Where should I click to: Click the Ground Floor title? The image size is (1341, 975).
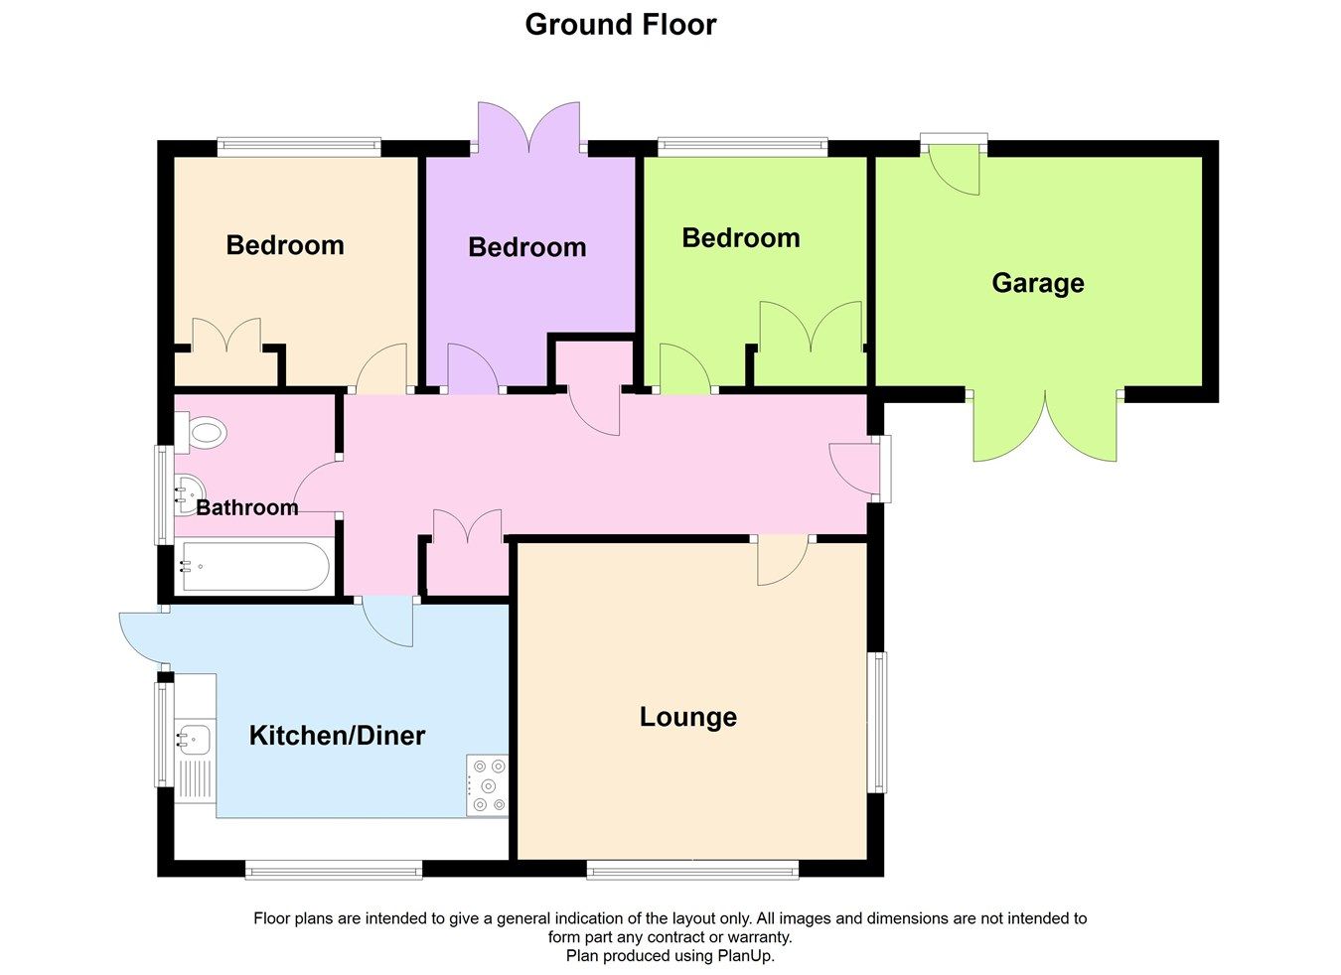(x=620, y=24)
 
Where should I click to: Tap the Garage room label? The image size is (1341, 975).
(x=1037, y=283)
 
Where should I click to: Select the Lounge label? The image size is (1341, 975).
(x=687, y=717)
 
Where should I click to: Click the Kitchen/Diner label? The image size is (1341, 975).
(x=337, y=736)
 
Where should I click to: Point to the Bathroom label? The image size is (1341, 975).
(x=247, y=508)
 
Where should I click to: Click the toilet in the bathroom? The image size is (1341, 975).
(x=204, y=433)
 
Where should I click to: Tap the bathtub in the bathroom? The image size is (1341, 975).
(x=253, y=567)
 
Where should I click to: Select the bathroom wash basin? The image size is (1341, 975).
(x=189, y=492)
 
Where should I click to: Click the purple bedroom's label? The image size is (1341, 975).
(x=526, y=247)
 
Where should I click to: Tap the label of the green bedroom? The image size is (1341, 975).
(x=740, y=238)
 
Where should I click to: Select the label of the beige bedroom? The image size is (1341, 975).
(x=285, y=245)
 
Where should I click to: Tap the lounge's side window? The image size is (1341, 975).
(x=878, y=722)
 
